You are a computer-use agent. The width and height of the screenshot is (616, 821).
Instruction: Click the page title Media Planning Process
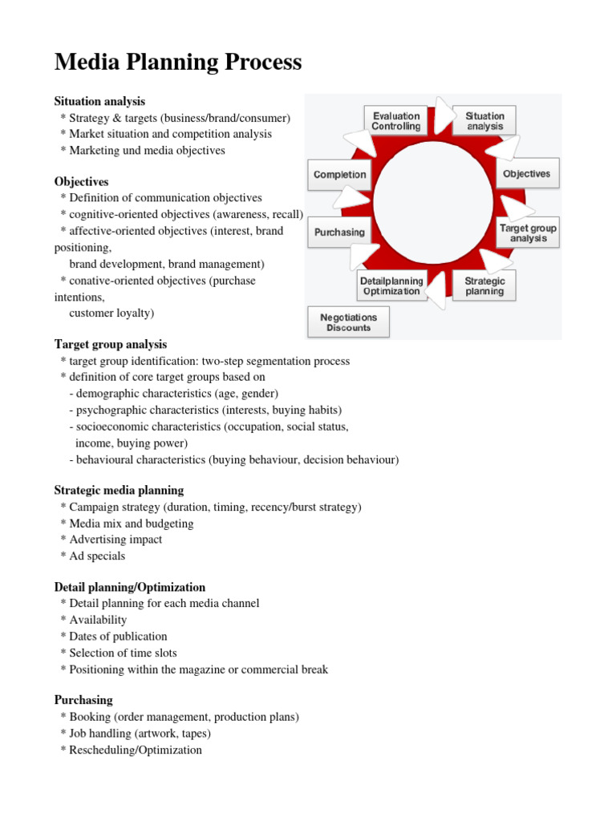pos(177,62)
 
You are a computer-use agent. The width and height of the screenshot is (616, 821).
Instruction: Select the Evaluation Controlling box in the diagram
pos(395,121)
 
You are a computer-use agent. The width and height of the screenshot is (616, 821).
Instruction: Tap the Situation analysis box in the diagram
pos(485,121)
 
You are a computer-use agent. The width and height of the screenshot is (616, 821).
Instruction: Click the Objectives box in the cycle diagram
pos(526,174)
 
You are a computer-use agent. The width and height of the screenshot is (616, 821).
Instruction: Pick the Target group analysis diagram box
pos(528,233)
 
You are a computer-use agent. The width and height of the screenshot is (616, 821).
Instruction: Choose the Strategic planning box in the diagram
pos(484,286)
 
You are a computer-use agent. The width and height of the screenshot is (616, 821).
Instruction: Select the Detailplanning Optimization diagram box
pos(391,286)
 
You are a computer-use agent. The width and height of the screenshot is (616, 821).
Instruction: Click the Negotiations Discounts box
pos(349,322)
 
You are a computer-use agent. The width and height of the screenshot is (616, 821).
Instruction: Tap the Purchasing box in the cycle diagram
pos(339,233)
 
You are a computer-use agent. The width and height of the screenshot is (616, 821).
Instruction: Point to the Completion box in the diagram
pos(339,175)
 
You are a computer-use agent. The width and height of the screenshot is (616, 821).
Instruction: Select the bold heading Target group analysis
pos(111,345)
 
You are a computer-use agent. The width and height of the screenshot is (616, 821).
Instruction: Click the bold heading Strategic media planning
pos(119,490)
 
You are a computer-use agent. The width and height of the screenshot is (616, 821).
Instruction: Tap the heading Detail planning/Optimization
pos(130,588)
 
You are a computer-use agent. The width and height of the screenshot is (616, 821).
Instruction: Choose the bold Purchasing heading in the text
pos(83,701)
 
